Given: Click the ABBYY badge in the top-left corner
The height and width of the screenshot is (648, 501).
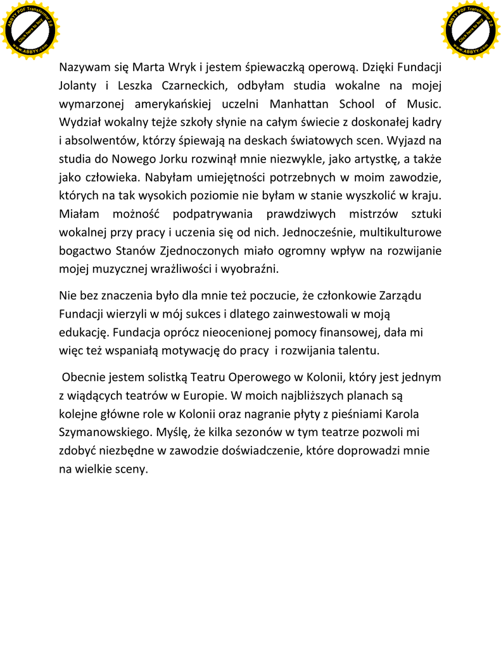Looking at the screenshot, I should pyautogui.click(x=30, y=30).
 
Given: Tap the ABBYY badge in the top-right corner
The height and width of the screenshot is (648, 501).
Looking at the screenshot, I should pyautogui.click(x=471, y=30).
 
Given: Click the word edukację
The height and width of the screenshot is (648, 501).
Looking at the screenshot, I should pyautogui.click(x=84, y=332).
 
